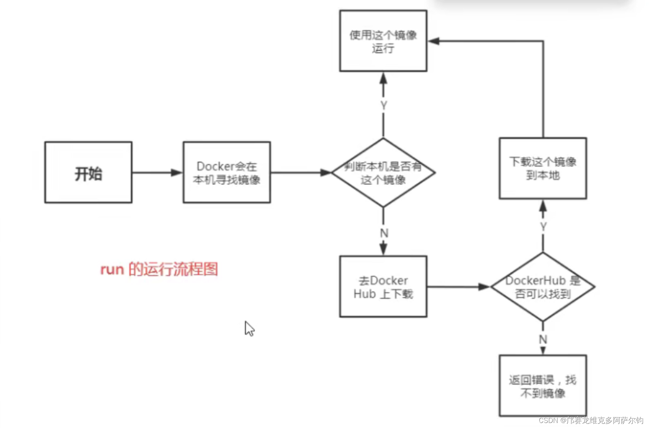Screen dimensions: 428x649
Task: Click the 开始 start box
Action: [x=88, y=172]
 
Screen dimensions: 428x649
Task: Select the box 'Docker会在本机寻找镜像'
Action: [x=227, y=172]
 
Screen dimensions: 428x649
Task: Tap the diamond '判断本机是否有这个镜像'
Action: [x=383, y=172]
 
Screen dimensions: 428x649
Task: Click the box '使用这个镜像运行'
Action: [x=383, y=41]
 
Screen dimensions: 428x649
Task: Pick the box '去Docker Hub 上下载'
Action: [x=383, y=286]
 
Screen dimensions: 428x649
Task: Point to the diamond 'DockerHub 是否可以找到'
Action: [x=543, y=286]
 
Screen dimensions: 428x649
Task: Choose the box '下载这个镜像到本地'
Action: [x=543, y=169]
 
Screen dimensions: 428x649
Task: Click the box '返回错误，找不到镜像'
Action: [x=543, y=386]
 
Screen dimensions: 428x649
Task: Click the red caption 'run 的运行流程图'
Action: [x=159, y=269]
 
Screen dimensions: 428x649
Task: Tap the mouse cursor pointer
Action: [x=249, y=329]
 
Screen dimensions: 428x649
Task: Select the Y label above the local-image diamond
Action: [x=383, y=105]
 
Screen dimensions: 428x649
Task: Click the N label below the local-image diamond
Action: [x=384, y=233]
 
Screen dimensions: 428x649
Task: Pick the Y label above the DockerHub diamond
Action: [x=543, y=226]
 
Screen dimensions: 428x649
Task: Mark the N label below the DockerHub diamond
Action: [x=543, y=339]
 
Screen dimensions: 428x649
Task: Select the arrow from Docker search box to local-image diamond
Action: [x=301, y=172]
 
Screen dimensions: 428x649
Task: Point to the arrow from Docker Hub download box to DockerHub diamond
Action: [x=459, y=286]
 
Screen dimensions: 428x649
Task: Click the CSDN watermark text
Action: [x=591, y=420]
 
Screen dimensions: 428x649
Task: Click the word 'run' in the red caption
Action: [x=112, y=269]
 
